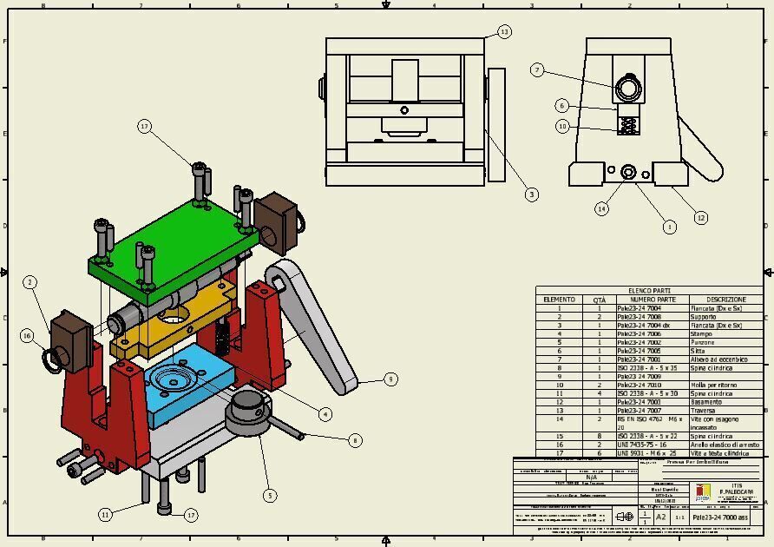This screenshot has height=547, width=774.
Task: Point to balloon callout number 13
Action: pos(503,32)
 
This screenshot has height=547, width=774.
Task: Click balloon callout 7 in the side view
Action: pos(537,69)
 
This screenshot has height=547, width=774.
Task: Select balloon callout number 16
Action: pos(27,336)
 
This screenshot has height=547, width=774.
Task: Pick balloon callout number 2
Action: pos(30,282)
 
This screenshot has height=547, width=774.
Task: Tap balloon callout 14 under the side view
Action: pos(601,208)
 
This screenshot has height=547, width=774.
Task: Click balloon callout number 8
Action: pos(354,440)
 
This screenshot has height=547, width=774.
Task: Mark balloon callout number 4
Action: pos(325,414)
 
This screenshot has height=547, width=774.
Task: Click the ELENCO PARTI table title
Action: pos(649,291)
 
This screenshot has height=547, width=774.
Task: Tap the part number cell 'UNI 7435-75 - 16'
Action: pos(640,445)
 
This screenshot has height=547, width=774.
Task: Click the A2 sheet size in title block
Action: pos(660,517)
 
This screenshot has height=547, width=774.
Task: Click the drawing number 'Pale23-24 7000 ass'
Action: pos(719,517)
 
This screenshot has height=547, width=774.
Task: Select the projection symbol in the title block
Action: pos(623,517)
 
